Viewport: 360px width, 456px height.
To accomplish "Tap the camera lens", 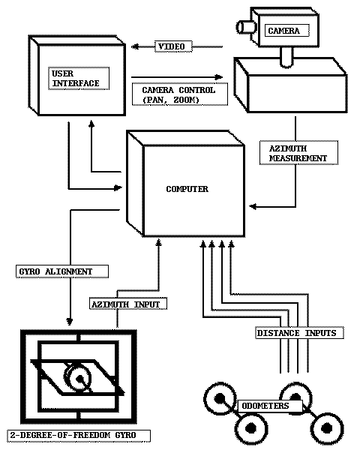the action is [x=246, y=27].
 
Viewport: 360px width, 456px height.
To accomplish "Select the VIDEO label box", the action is [x=173, y=46].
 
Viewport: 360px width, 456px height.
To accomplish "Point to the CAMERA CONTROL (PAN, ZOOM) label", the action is [x=180, y=94].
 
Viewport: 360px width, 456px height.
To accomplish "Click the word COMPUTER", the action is [x=187, y=189].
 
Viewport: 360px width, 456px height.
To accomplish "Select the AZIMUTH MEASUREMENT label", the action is [x=298, y=153].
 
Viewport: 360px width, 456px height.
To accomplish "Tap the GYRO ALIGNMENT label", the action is [x=62, y=271].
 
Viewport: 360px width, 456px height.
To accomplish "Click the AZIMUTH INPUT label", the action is [x=128, y=304].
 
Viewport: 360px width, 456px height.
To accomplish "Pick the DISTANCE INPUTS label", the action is [x=299, y=333].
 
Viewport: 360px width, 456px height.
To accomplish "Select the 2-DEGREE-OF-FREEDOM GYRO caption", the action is [x=79, y=436].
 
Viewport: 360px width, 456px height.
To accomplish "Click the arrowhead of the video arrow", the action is [x=135, y=46].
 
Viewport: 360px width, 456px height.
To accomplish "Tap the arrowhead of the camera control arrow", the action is [x=219, y=77].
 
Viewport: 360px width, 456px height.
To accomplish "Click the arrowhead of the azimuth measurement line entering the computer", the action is [x=253, y=206].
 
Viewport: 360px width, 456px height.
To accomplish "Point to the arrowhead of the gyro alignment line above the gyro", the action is [x=70, y=321].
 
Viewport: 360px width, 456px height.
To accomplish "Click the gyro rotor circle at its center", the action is [x=79, y=379].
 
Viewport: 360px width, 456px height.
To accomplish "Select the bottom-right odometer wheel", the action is [x=327, y=428].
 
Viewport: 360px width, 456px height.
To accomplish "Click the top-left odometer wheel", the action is [x=220, y=398].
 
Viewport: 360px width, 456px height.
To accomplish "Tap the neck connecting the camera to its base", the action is [x=286, y=57].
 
